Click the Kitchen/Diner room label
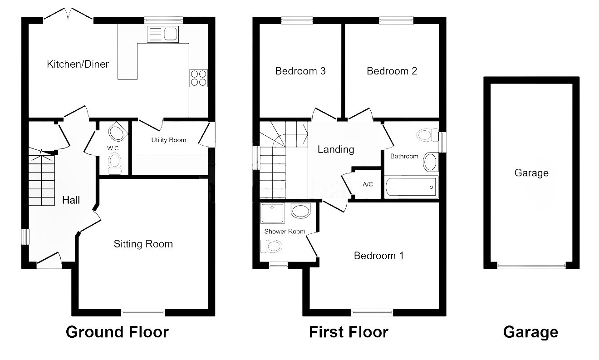click(78, 64)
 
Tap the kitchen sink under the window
click(163, 34)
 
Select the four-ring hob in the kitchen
click(198, 78)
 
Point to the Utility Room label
click(168, 140)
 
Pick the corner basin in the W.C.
click(118, 132)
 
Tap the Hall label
click(71, 200)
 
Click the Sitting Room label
click(143, 244)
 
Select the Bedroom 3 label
click(300, 71)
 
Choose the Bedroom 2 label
click(392, 71)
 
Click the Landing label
click(336, 149)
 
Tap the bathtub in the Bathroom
click(411, 187)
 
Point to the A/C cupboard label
click(368, 184)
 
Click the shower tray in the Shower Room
click(272, 213)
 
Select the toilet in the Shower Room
click(271, 246)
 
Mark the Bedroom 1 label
click(378, 256)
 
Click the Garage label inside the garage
click(531, 173)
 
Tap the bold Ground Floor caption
click(117, 332)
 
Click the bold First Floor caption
click(349, 332)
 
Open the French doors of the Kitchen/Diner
click(68, 14)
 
